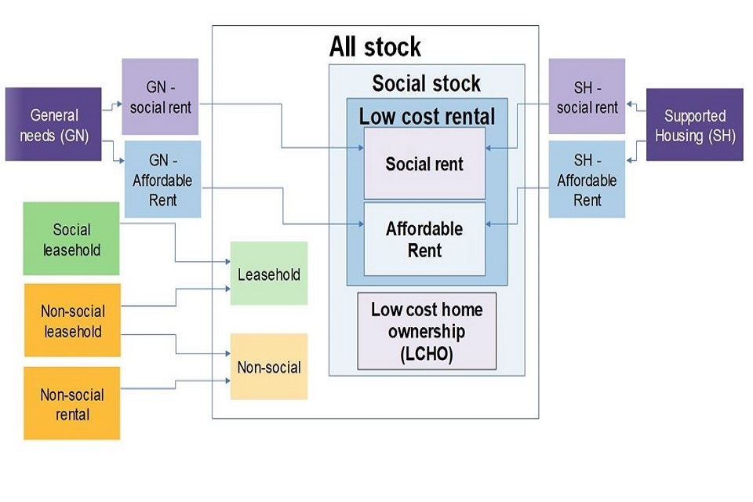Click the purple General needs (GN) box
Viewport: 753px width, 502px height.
[x=53, y=124]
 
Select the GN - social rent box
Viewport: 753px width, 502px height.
[x=160, y=96]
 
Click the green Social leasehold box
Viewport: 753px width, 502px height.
[x=71, y=239]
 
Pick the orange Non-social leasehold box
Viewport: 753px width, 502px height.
[x=71, y=321]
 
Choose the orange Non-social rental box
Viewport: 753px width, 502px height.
[x=71, y=403]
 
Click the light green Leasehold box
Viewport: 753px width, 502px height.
[x=268, y=274]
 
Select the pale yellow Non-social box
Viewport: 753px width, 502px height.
[x=268, y=366]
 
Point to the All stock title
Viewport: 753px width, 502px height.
[x=375, y=46]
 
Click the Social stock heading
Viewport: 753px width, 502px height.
[x=426, y=83]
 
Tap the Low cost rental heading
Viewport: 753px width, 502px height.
[x=427, y=116]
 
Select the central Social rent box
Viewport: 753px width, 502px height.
[x=424, y=164]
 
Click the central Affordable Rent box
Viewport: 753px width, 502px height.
[x=424, y=239]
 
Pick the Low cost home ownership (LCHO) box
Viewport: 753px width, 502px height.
[x=427, y=331]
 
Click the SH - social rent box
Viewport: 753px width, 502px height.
[x=587, y=96]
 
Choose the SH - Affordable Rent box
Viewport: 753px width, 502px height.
[x=587, y=180]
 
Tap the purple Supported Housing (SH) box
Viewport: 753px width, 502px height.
[x=694, y=124]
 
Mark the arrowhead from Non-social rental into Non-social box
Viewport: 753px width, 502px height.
[x=227, y=380]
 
